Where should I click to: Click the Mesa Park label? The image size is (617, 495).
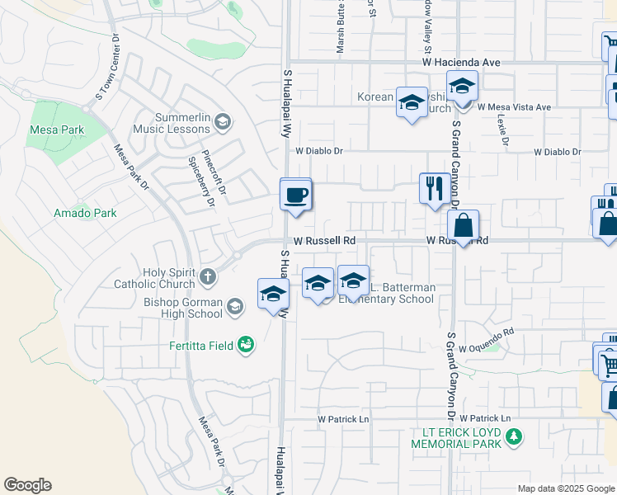tap(57, 130)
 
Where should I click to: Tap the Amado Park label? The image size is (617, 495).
tap(85, 213)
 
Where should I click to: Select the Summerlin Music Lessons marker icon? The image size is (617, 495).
tap(221, 124)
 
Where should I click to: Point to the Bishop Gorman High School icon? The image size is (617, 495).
tap(235, 308)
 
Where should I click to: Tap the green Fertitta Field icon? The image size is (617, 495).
tap(244, 343)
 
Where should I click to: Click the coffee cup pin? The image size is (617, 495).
tap(296, 196)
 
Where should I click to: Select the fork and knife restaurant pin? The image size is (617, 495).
tap(434, 189)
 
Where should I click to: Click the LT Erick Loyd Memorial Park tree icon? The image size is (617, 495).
tap(514, 436)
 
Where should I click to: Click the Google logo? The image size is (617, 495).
tap(27, 485)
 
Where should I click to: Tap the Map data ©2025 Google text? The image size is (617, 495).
tap(565, 488)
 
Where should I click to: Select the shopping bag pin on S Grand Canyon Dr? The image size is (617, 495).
tap(464, 225)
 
